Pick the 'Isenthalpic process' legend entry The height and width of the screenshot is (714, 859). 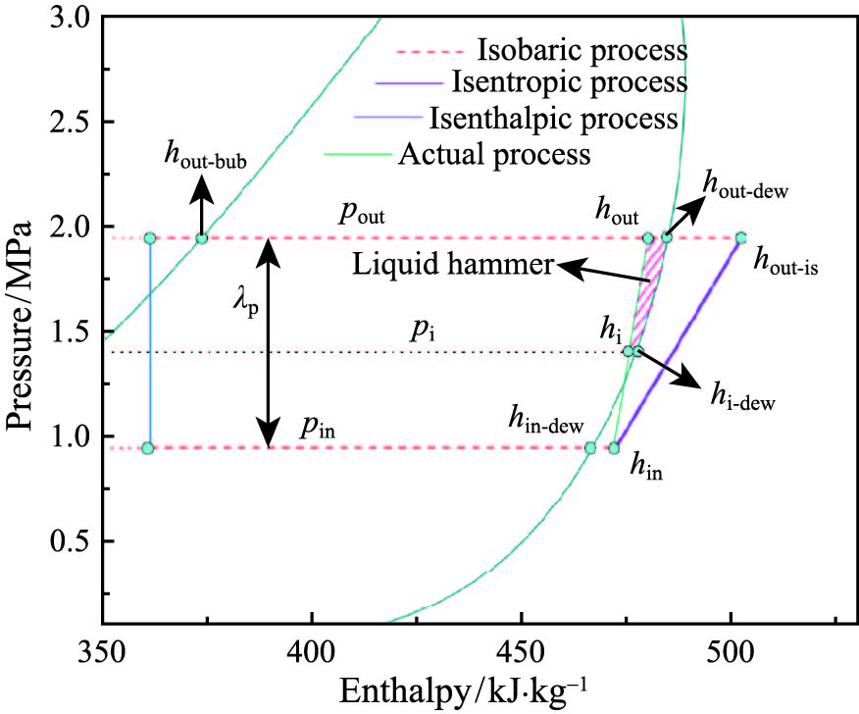(x=553, y=119)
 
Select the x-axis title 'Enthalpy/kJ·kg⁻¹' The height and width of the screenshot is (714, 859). (x=467, y=690)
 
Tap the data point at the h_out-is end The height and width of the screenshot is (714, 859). (x=740, y=237)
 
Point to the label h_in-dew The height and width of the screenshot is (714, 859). (x=545, y=421)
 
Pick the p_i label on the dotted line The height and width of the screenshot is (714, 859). (x=424, y=331)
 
